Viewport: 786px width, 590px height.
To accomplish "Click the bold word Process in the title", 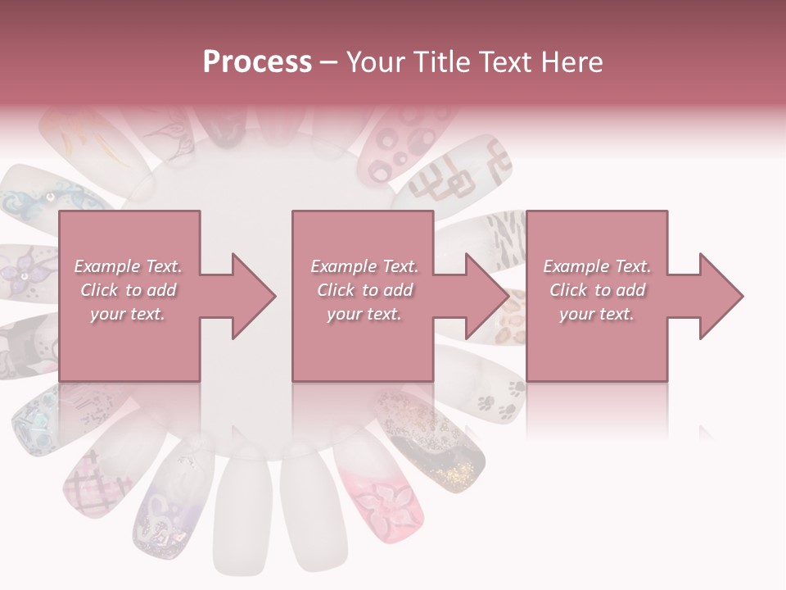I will coord(257,62).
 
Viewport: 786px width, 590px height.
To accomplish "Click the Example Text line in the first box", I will coord(128,266).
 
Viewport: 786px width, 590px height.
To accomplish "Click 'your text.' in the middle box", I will coord(364,314).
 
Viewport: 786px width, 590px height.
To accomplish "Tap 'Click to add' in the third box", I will coord(597,290).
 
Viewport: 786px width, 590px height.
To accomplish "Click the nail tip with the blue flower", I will coord(45,201).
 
